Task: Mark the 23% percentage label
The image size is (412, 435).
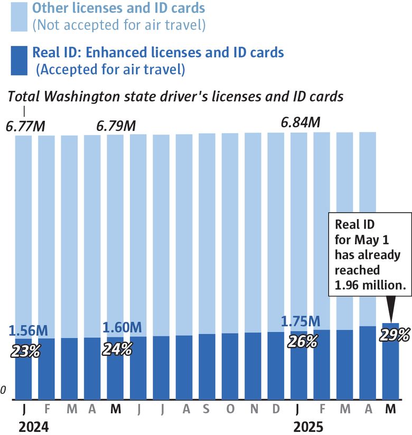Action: [25, 351]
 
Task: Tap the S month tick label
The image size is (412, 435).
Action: [207, 410]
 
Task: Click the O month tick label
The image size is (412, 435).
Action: [230, 410]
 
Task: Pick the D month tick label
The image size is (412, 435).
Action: [276, 410]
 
